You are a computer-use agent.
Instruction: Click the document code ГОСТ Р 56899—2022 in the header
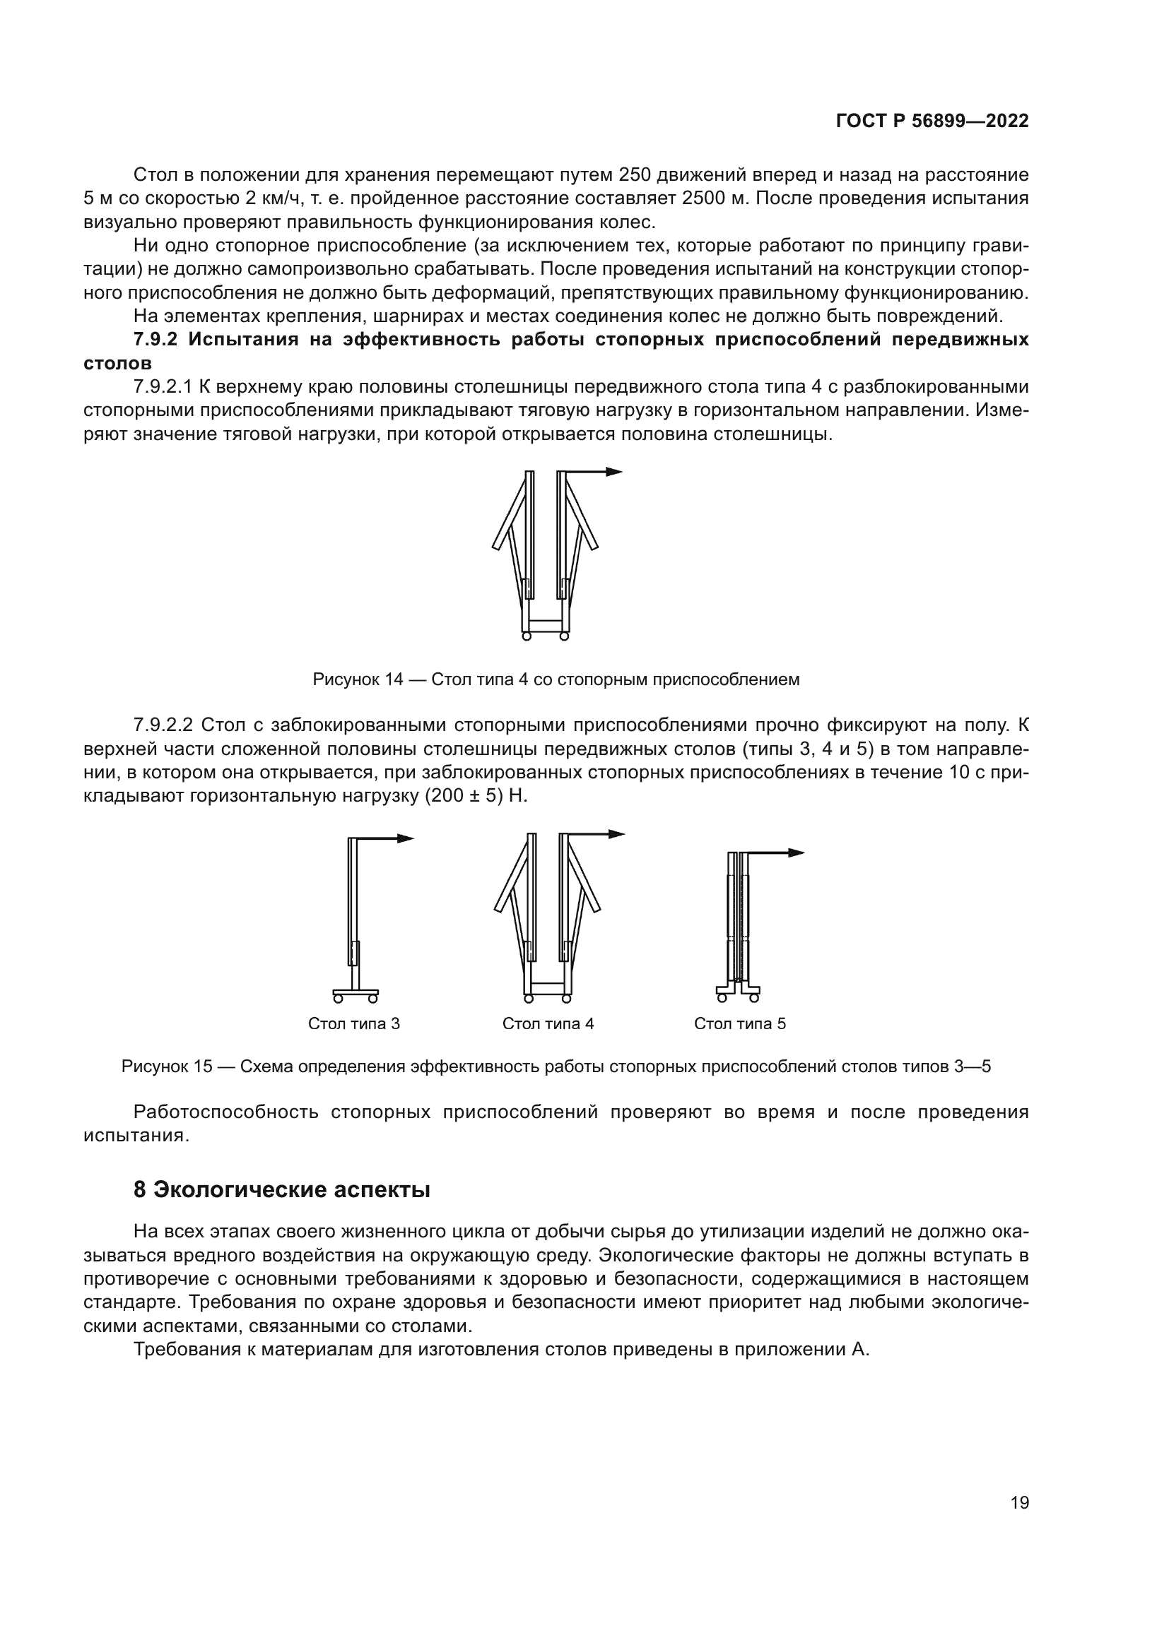pyautogui.click(x=932, y=121)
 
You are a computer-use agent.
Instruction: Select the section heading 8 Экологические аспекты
pyautogui.click(x=281, y=1189)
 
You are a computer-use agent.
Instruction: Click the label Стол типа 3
pyautogui.click(x=353, y=1023)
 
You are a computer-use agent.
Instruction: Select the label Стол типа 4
pyautogui.click(x=548, y=1023)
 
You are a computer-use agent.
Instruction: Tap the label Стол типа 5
pyautogui.click(x=739, y=1023)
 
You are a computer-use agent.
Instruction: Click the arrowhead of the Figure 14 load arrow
pyautogui.click(x=614, y=472)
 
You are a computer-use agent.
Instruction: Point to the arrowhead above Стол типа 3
pyautogui.click(x=406, y=838)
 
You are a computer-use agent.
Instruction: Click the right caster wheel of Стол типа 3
pyautogui.click(x=373, y=999)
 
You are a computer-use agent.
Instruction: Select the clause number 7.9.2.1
pyautogui.click(x=163, y=386)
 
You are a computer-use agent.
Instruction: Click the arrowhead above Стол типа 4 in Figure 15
pyautogui.click(x=617, y=834)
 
